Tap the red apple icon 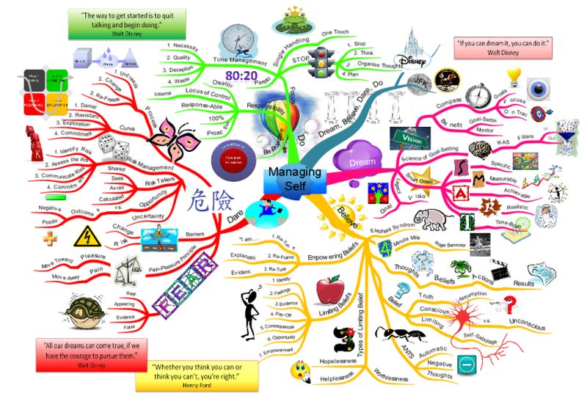point(328,288)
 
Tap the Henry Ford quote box point(196,372)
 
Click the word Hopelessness point(338,362)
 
